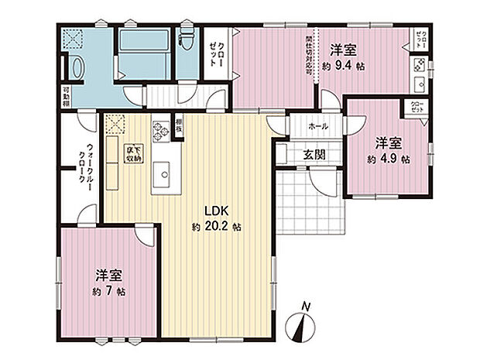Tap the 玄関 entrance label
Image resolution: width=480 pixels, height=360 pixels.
[314, 155]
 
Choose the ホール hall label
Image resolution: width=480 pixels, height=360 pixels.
[318, 125]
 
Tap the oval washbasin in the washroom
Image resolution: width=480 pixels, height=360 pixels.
[77, 68]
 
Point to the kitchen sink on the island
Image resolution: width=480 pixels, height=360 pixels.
[163, 173]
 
